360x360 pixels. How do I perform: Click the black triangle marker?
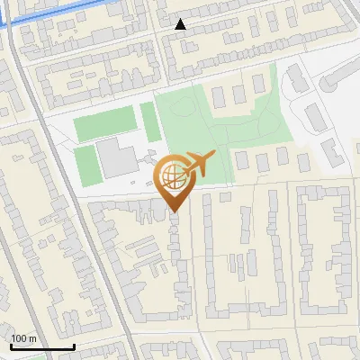tap(181, 24)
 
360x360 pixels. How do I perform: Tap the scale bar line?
tap(41, 346)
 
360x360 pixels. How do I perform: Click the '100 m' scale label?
tap(24, 338)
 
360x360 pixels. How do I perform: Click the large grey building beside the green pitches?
tap(115, 158)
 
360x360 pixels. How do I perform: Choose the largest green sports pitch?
tap(103, 124)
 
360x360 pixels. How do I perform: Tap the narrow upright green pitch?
tap(148, 116)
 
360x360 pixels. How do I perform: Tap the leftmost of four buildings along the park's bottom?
tap(242, 160)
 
